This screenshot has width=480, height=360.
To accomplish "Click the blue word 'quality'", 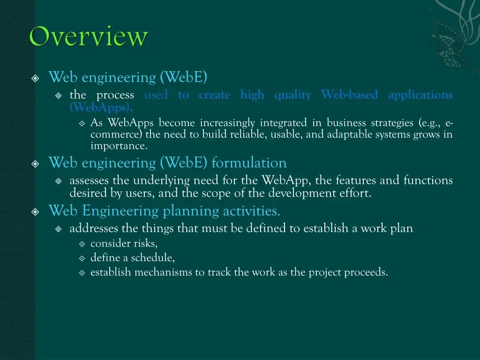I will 292,95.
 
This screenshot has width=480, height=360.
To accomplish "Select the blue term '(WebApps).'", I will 101,107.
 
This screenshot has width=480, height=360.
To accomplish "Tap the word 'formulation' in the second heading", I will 249,163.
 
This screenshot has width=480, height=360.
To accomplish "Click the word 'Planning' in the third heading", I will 191,211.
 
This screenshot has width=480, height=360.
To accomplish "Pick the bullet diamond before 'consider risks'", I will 82,244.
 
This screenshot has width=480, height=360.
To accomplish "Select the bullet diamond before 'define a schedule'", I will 82,258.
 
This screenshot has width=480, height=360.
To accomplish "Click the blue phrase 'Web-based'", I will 349,95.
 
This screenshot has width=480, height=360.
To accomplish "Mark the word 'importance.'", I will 119,146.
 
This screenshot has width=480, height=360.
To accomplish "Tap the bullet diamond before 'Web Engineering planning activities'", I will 36,212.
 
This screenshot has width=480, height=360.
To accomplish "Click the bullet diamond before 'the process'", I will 59,96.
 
